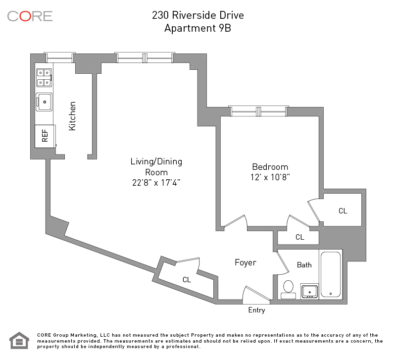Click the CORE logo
tap(30, 16)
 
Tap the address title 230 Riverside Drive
tap(198, 15)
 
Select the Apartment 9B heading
tap(198, 28)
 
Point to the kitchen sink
tap(44, 103)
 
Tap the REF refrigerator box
tap(45, 136)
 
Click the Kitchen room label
tap(73, 116)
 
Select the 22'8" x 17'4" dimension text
tap(156, 182)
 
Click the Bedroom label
tap(270, 167)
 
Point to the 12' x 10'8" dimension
tap(270, 177)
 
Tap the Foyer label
tap(245, 262)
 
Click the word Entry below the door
tap(256, 310)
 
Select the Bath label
tap(304, 265)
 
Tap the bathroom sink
tap(310, 291)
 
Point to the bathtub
tap(331, 274)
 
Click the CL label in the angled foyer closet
tap(187, 280)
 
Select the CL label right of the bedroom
tap(343, 211)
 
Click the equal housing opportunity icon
tap(19, 340)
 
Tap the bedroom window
tap(258, 111)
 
